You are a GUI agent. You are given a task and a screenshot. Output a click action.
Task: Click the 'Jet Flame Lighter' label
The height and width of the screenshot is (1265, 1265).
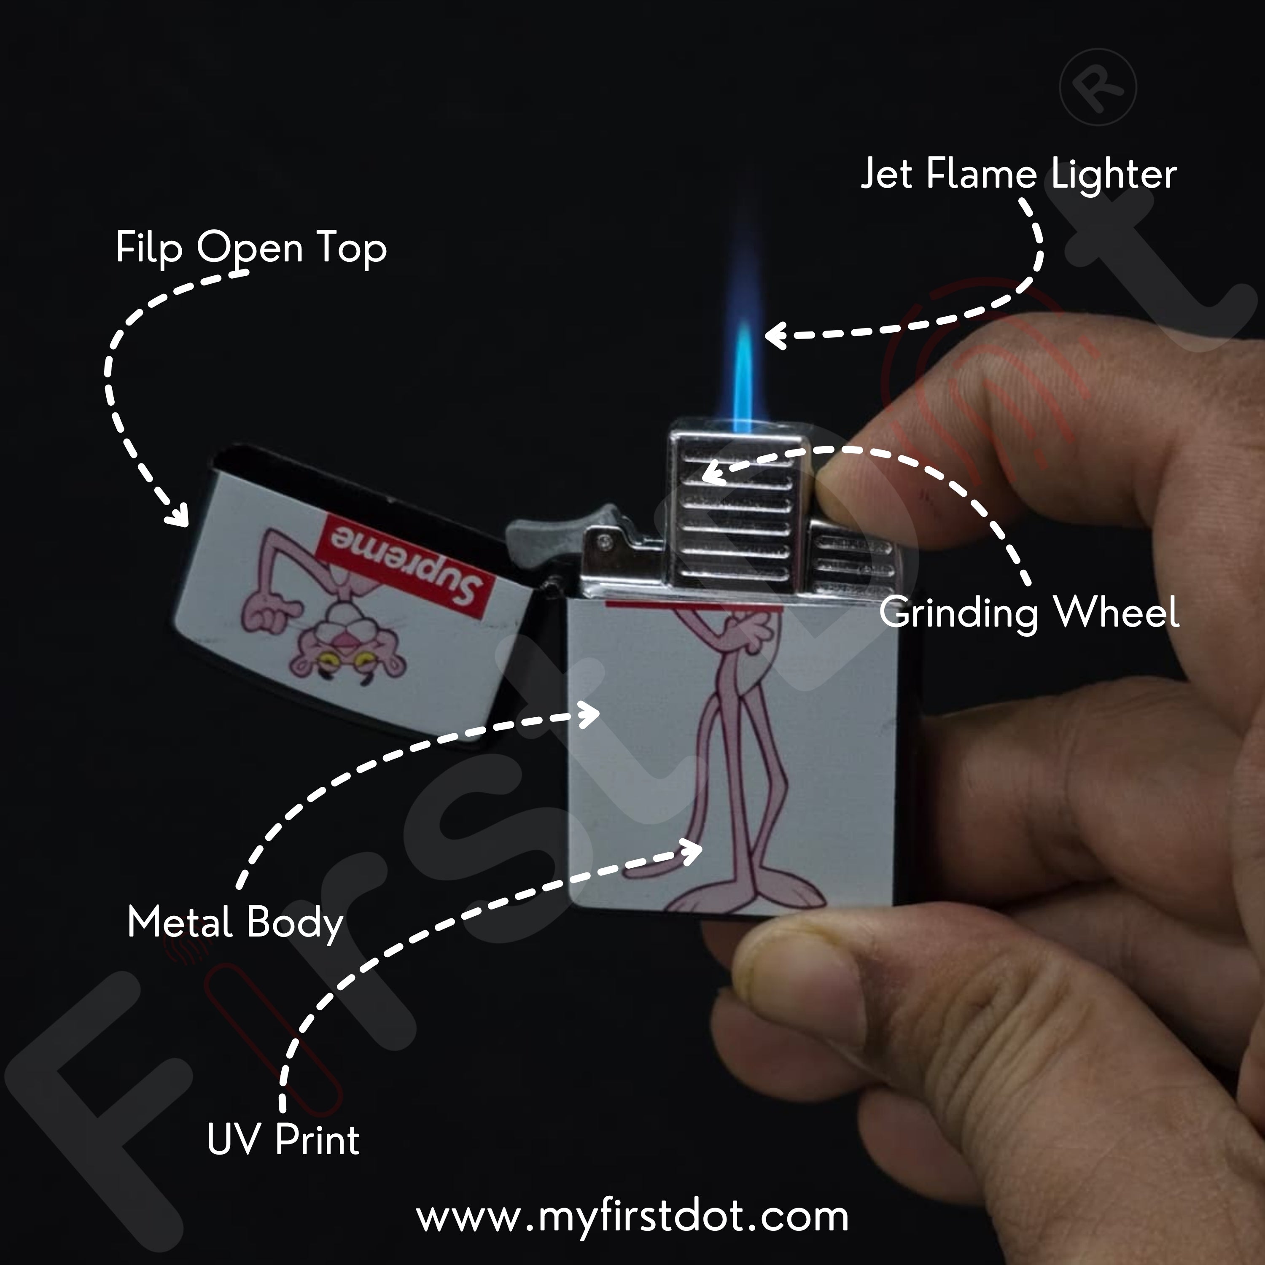[x=1018, y=175]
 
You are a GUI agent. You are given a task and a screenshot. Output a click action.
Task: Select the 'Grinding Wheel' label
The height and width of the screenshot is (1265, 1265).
[x=1029, y=614]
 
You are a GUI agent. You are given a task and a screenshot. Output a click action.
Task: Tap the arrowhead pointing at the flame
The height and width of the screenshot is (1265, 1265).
[x=775, y=335]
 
